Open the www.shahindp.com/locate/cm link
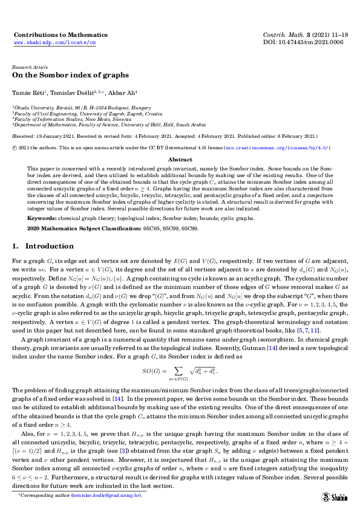coord(55,44)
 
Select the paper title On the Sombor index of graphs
coord(70,76)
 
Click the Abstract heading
coord(180,160)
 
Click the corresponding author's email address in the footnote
coord(106,495)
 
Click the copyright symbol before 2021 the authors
coord(15,147)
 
